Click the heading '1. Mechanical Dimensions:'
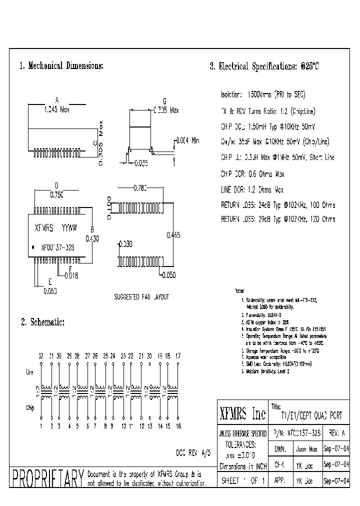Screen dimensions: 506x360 [x=61, y=66]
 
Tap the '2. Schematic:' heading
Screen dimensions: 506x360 [x=42, y=322]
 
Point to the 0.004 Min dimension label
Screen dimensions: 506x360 [x=188, y=140]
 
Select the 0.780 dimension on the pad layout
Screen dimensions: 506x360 [x=140, y=188]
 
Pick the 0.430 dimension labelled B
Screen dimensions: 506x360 [x=92, y=239]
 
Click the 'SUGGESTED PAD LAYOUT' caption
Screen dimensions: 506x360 [x=142, y=296]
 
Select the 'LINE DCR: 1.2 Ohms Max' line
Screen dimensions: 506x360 [x=252, y=190]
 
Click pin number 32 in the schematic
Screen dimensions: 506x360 [x=41, y=355]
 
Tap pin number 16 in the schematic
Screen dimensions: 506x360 [x=178, y=426]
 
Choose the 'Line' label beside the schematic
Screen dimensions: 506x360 [x=29, y=372]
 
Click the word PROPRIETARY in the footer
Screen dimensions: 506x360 [x=47, y=478]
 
